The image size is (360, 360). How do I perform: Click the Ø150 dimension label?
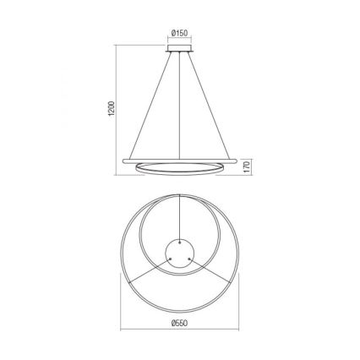pyautogui.click(x=179, y=35)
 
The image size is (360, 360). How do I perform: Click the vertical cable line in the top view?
pyautogui.click(x=179, y=215)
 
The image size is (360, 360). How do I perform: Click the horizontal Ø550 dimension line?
pyautogui.click(x=179, y=330)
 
